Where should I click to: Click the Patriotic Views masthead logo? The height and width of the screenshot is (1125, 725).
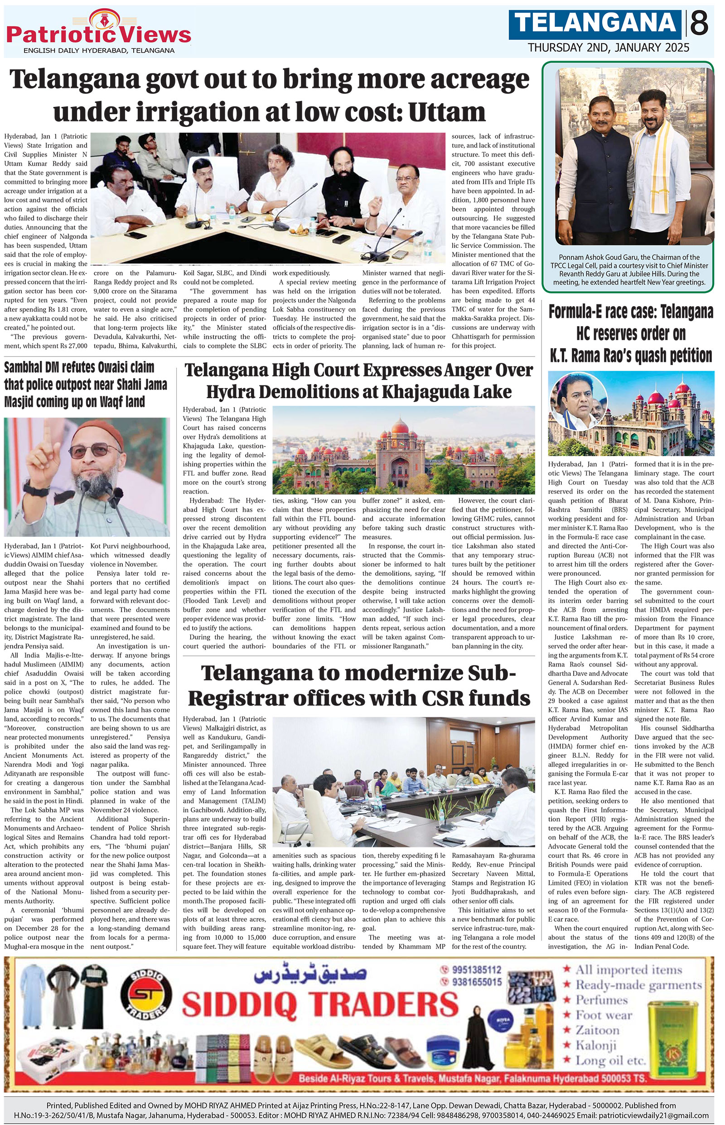click(x=98, y=32)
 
